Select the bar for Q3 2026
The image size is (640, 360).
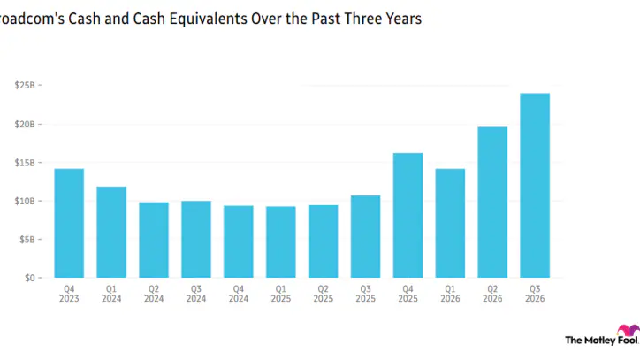pyautogui.click(x=535, y=186)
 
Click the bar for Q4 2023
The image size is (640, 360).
pyautogui.click(x=69, y=223)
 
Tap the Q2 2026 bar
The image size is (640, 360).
pyautogui.click(x=492, y=203)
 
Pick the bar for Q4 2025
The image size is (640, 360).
pyautogui.click(x=408, y=215)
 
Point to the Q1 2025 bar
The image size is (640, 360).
pyautogui.click(x=281, y=241)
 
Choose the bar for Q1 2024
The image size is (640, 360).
pyautogui.click(x=111, y=232)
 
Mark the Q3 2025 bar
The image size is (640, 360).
pyautogui.click(x=365, y=236)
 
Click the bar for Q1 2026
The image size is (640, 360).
pyautogui.click(x=450, y=223)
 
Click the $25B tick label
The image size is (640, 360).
pyautogui.click(x=25, y=86)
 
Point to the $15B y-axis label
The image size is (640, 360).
pyautogui.click(x=25, y=163)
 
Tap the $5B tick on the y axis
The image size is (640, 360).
pyautogui.click(x=27, y=240)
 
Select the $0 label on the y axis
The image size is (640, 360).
pyautogui.click(x=30, y=278)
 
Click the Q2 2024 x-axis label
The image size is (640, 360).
pyautogui.click(x=154, y=294)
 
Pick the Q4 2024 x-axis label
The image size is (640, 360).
pyautogui.click(x=239, y=294)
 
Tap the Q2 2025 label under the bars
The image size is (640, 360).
pyautogui.click(x=324, y=294)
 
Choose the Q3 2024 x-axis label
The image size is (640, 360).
pyautogui.click(x=196, y=294)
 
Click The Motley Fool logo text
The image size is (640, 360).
pyautogui.click(x=601, y=340)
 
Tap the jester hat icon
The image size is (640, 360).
pyautogui.click(x=629, y=329)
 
